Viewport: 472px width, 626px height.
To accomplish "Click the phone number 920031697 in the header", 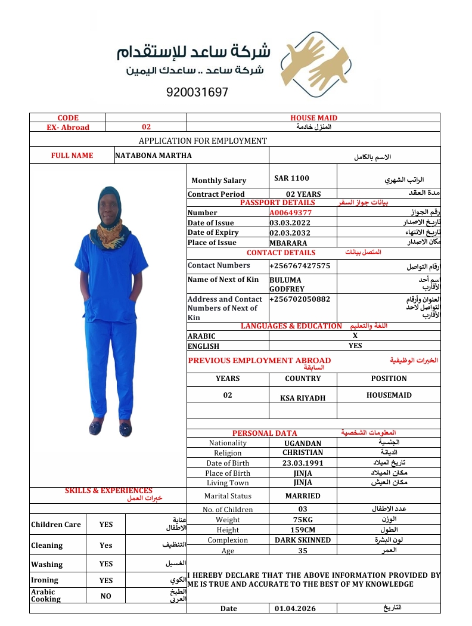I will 197,93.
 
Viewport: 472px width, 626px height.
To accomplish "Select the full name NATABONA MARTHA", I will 153,156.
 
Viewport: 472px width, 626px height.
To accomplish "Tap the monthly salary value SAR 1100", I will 291,178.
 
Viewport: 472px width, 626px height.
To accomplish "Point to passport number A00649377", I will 290,212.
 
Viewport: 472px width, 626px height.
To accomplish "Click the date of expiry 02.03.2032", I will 290,233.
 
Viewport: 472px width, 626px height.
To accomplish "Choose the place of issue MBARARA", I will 288,243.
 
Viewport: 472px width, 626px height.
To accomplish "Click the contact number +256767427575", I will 300,265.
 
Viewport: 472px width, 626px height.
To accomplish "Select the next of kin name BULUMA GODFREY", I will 287,284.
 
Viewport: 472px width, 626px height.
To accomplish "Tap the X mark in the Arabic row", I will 355,336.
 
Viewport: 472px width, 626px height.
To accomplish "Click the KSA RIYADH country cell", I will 303,398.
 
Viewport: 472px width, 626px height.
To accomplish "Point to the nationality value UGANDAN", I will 303,443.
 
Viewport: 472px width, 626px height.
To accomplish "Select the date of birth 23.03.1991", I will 303,463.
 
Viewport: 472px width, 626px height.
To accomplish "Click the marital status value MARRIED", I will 303,495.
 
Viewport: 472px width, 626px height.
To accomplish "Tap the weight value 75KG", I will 303,520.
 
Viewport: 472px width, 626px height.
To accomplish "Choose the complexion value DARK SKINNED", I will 303,540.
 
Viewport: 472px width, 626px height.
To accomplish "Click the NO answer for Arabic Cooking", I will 105,596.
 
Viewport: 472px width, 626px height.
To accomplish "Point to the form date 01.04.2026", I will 295,609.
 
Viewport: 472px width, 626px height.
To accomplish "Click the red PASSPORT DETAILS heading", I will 277,203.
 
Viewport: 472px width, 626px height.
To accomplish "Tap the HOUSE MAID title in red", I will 313,118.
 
